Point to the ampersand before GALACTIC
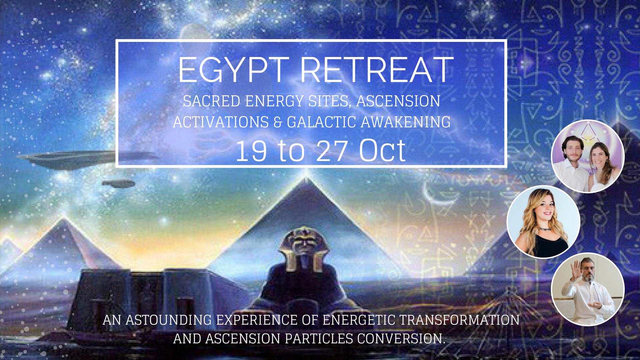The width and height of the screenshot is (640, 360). (278, 122)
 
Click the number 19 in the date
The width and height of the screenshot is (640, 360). (251, 151)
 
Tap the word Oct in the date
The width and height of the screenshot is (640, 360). (382, 151)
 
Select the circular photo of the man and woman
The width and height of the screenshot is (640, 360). (588, 156)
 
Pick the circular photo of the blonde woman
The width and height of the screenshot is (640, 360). (543, 221)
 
